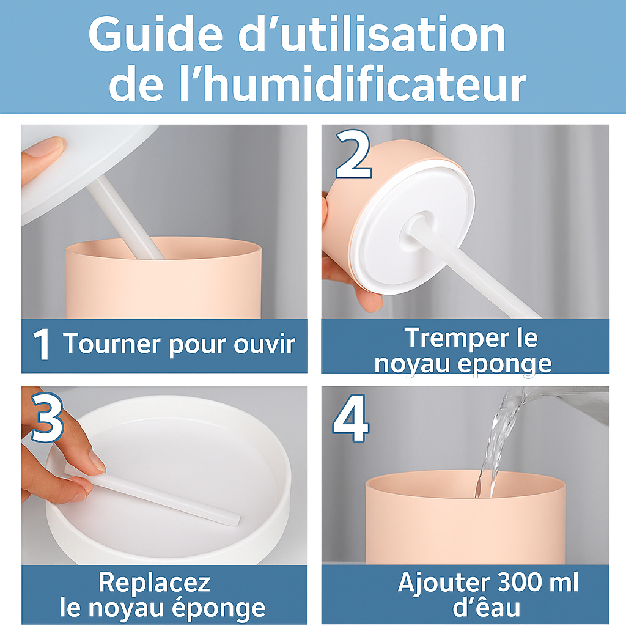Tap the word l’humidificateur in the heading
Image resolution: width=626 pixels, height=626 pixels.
[x=353, y=85]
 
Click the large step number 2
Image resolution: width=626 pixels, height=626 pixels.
[x=354, y=154]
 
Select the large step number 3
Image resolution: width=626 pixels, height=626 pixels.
[x=47, y=418]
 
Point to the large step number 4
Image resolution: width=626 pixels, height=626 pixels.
[x=351, y=418]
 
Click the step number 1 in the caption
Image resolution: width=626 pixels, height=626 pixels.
[x=41, y=345]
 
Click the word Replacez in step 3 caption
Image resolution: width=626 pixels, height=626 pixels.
[x=155, y=583]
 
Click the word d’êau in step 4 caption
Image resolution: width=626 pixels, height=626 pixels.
[x=486, y=607]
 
